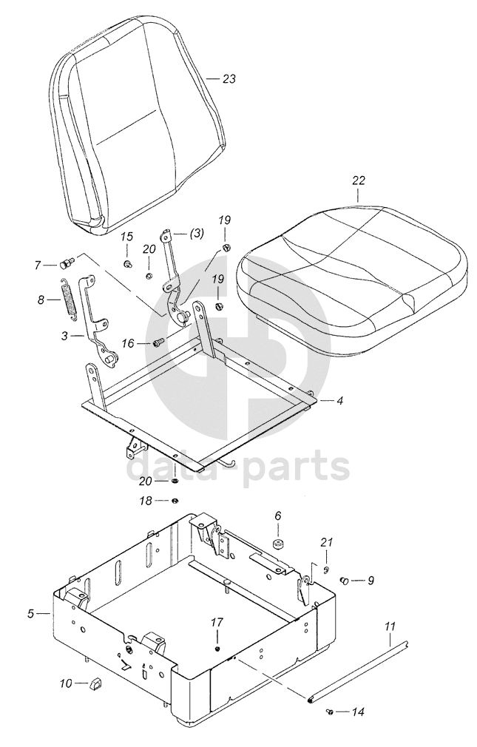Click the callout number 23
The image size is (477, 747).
[229, 79]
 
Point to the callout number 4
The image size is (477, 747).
[340, 401]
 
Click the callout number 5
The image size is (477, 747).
[32, 613]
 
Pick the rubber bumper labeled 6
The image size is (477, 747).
[279, 545]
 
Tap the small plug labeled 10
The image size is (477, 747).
[94, 683]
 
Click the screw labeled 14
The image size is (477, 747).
[330, 711]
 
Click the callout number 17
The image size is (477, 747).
[217, 622]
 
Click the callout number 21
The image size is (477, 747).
[326, 544]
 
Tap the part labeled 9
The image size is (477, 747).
[345, 581]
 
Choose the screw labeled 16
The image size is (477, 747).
[158, 342]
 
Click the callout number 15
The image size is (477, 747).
[127, 237]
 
